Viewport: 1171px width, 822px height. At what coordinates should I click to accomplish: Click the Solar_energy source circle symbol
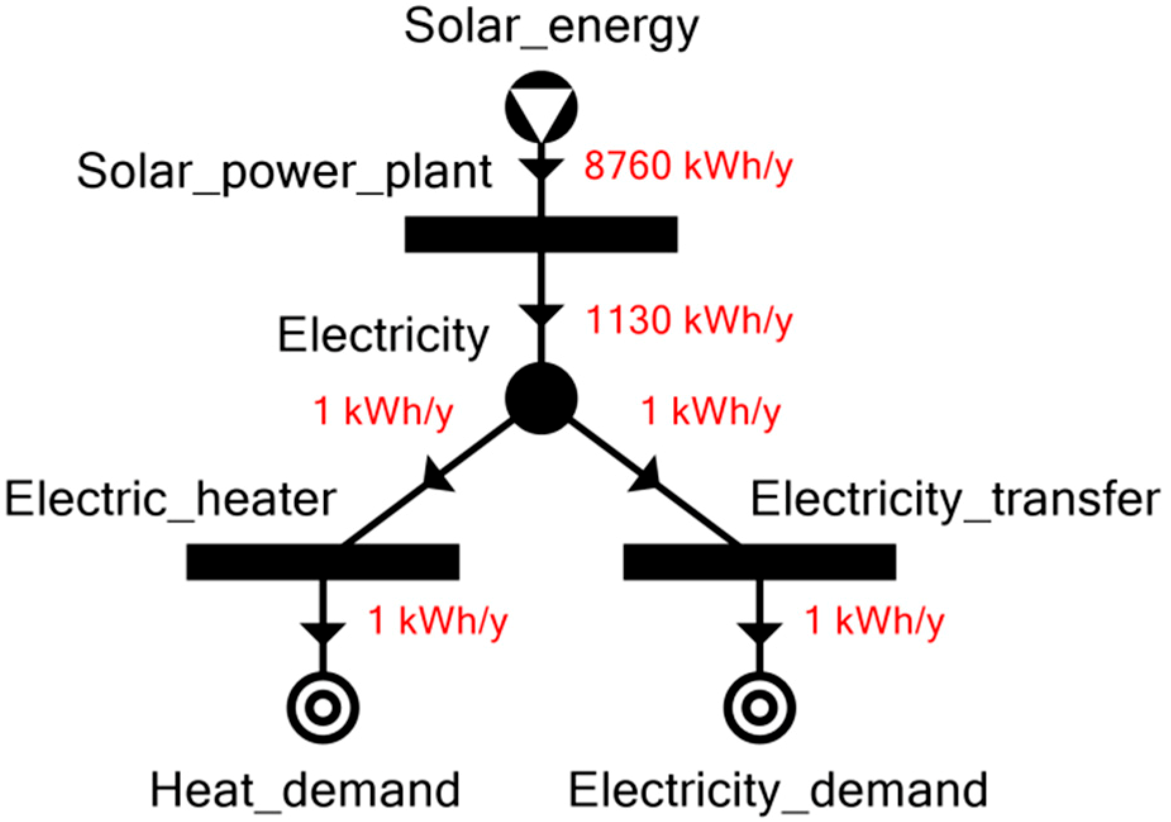(541, 106)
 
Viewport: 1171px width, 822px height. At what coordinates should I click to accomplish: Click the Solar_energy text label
(551, 27)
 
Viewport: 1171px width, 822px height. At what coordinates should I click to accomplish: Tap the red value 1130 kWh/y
(689, 321)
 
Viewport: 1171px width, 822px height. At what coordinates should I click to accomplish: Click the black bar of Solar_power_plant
(541, 234)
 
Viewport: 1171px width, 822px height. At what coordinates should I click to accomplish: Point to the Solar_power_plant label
(284, 172)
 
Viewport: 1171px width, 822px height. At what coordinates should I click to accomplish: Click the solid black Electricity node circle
(541, 399)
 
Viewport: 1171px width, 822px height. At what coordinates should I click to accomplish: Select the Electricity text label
(383, 335)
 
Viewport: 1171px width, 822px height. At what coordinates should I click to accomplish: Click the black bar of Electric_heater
(323, 561)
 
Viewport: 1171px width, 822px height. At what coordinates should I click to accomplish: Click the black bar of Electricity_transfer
(759, 561)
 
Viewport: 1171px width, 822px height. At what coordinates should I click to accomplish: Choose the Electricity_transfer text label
(955, 500)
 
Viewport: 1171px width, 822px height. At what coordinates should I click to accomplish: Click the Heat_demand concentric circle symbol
(323, 707)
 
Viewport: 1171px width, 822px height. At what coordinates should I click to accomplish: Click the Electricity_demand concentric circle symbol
(759, 707)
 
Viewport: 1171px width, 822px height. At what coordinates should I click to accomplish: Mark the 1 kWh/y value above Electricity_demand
(874, 621)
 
